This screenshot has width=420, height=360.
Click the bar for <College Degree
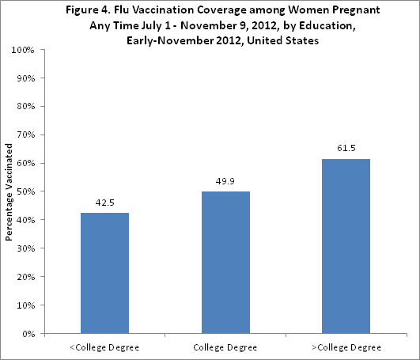pyautogui.click(x=105, y=273)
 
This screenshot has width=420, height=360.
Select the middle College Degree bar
pyautogui.click(x=226, y=262)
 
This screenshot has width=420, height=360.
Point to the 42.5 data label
pyautogui.click(x=105, y=202)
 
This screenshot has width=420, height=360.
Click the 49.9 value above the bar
pyautogui.click(x=226, y=181)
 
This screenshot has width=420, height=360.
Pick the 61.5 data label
pyautogui.click(x=346, y=148)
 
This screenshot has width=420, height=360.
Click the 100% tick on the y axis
pyautogui.click(x=21, y=50)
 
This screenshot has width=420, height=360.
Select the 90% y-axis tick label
pyautogui.click(x=24, y=78)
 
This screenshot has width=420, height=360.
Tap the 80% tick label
pyautogui.click(x=24, y=107)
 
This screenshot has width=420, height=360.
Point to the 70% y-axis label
pyautogui.click(x=24, y=135)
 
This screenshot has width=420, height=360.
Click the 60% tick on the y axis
pyautogui.click(x=24, y=163)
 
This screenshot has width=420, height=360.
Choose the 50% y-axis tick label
pyautogui.click(x=24, y=191)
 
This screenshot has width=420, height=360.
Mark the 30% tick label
pyautogui.click(x=24, y=248)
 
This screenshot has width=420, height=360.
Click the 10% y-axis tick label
pyautogui.click(x=24, y=305)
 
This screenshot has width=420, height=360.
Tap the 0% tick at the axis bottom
pyautogui.click(x=26, y=334)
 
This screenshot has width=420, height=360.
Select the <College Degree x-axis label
pyautogui.click(x=105, y=347)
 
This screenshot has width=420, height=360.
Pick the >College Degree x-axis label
pyautogui.click(x=346, y=347)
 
